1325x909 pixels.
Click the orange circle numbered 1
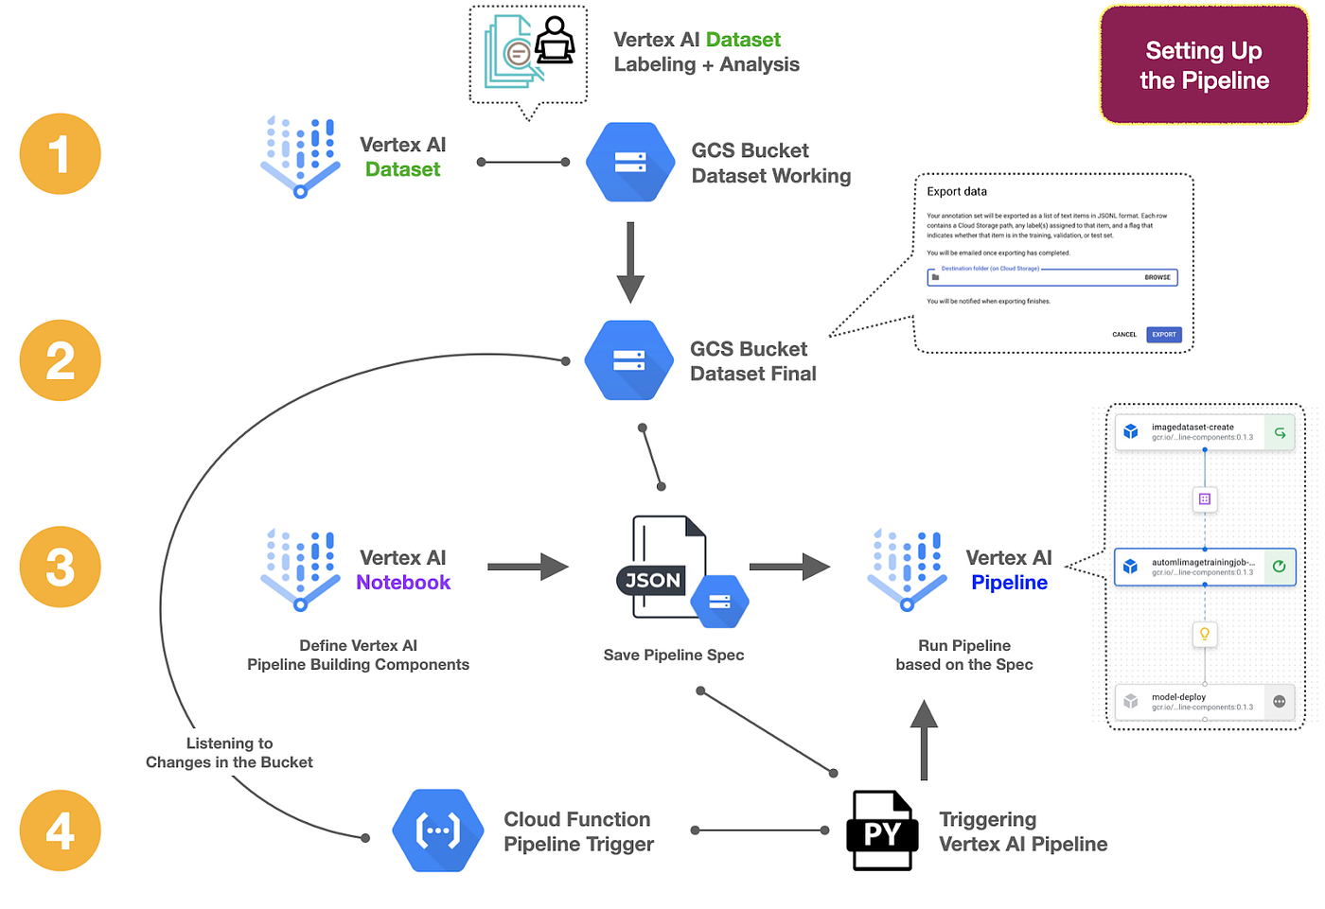tap(60, 154)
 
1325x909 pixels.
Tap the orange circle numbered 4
tap(60, 830)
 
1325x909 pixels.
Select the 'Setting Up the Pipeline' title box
tap(1204, 65)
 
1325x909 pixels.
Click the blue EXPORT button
tap(1164, 335)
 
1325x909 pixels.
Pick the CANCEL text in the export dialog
tap(1124, 335)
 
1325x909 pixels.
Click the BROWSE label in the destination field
tap(1157, 277)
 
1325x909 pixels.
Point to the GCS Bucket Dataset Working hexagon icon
tap(629, 162)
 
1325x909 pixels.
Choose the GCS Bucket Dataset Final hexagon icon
tap(628, 360)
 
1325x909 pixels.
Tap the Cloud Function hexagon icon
tap(438, 830)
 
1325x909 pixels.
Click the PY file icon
tap(882, 830)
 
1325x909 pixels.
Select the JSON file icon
tap(669, 568)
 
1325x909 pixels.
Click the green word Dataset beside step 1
tap(402, 169)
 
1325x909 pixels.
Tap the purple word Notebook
tap(403, 583)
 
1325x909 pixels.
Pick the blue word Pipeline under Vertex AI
tap(1009, 583)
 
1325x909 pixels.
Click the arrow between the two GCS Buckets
tap(630, 262)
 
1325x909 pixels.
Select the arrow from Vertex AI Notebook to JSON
tap(527, 567)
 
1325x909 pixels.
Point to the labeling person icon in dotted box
tap(555, 42)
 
